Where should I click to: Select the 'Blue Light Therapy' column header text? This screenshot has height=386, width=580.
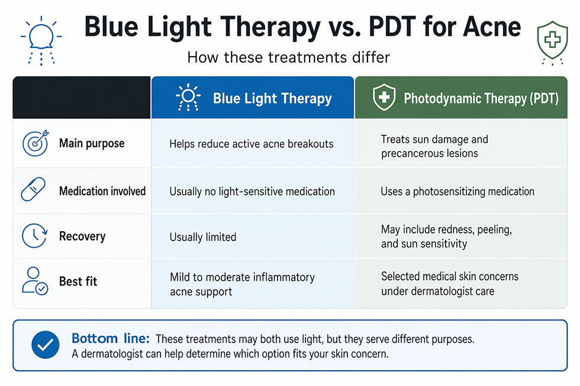[272, 98]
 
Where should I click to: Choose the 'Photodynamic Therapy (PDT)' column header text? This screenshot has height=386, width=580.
[481, 98]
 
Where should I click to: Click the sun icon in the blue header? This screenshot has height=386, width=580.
[188, 98]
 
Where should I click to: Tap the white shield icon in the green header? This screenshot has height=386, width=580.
[384, 98]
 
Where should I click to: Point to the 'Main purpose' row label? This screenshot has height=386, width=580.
[92, 144]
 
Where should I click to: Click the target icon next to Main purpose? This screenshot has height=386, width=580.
[34, 144]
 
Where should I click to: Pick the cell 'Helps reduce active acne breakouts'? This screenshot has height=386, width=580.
[251, 144]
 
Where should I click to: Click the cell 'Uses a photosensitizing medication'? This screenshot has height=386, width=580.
[457, 192]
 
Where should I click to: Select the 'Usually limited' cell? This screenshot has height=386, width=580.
[203, 237]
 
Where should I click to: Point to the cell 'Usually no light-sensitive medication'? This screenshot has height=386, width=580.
[252, 192]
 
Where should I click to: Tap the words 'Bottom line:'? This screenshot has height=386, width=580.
[111, 339]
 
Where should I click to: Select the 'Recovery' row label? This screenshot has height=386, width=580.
[82, 236]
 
